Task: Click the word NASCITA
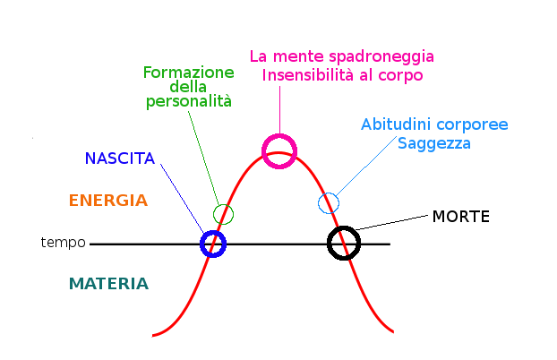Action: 119,159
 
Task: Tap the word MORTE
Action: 460,217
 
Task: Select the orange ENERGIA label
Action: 107,201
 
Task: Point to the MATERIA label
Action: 108,284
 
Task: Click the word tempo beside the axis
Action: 63,243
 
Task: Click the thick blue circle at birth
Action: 212,244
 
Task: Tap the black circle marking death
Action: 344,243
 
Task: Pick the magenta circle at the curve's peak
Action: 278,150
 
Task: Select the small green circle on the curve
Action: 223,214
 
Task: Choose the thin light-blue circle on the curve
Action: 329,203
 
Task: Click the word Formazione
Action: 188,73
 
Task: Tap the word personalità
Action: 188,102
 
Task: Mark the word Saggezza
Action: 433,143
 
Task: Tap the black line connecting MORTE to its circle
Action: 390,223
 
